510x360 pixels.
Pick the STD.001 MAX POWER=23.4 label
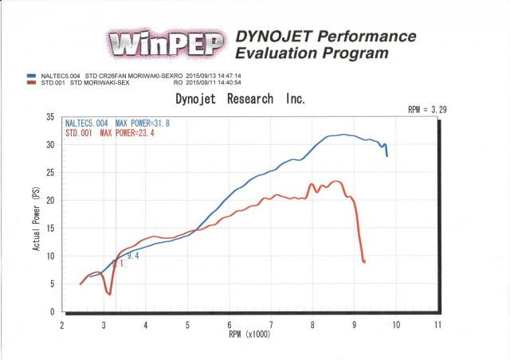(x=112, y=133)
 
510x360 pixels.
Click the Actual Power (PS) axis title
(x=37, y=213)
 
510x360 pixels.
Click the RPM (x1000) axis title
(x=250, y=335)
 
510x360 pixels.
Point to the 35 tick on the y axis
(x=50, y=118)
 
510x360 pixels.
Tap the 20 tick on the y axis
(x=50, y=201)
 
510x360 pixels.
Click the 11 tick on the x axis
(x=437, y=325)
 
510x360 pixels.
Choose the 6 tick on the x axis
(x=229, y=325)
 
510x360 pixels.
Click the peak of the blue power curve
(x=343, y=135)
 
